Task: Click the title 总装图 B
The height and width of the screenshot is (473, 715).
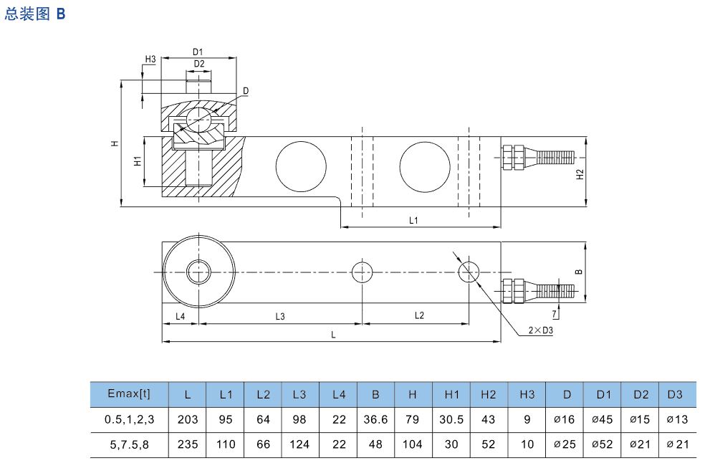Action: click(35, 14)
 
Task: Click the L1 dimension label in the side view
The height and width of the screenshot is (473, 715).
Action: click(413, 220)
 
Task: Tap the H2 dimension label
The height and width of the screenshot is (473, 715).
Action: click(580, 174)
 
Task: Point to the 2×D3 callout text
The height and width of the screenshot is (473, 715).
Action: click(542, 330)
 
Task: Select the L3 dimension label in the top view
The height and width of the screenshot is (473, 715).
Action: click(280, 316)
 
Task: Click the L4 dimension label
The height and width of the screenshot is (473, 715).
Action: click(180, 316)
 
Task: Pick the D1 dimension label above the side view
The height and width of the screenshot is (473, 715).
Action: click(198, 52)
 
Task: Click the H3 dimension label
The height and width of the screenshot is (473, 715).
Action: click(150, 59)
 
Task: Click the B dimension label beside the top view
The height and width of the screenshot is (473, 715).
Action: click(579, 272)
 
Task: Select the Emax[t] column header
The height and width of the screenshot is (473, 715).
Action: click(129, 393)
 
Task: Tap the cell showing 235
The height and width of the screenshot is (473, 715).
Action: click(188, 444)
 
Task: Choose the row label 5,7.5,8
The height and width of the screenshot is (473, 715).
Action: click(129, 444)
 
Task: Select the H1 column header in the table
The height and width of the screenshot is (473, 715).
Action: click(451, 394)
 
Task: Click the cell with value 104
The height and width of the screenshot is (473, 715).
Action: click(413, 444)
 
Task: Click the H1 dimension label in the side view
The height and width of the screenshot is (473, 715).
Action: click(138, 162)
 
